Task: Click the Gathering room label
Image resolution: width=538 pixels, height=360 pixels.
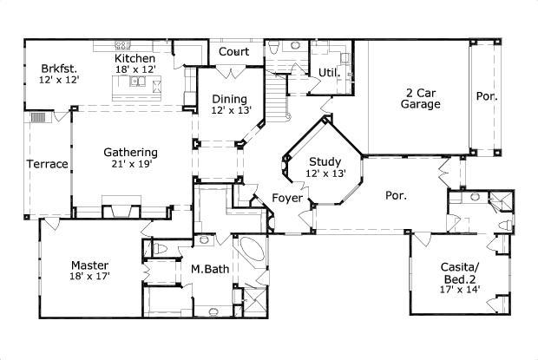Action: click(x=131, y=152)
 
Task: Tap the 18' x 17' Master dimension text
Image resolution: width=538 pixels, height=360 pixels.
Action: click(x=90, y=276)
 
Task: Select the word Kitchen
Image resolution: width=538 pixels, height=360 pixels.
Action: click(x=134, y=58)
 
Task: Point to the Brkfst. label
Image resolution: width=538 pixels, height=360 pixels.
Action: click(x=59, y=68)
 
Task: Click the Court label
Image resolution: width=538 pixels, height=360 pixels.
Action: click(x=233, y=52)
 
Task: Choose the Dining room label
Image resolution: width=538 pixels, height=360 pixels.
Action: click(x=230, y=99)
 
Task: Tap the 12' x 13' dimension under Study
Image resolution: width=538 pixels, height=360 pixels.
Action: click(x=325, y=173)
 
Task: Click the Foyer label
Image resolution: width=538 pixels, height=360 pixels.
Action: click(x=287, y=198)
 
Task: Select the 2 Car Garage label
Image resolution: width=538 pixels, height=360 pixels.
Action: click(x=420, y=98)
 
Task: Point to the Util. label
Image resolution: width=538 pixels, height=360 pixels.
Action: click(x=330, y=73)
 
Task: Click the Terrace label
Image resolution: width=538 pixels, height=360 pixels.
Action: click(x=48, y=164)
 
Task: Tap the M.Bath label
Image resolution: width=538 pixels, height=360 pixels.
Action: click(x=210, y=269)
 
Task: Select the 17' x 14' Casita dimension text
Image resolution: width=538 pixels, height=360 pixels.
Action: click(x=460, y=290)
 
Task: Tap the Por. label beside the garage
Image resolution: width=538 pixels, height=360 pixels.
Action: click(x=487, y=96)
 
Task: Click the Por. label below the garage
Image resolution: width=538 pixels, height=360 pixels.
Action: click(x=397, y=195)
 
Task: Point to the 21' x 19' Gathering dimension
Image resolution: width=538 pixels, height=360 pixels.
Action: click(x=131, y=164)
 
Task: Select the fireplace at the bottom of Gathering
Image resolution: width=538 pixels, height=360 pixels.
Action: click(x=121, y=207)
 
